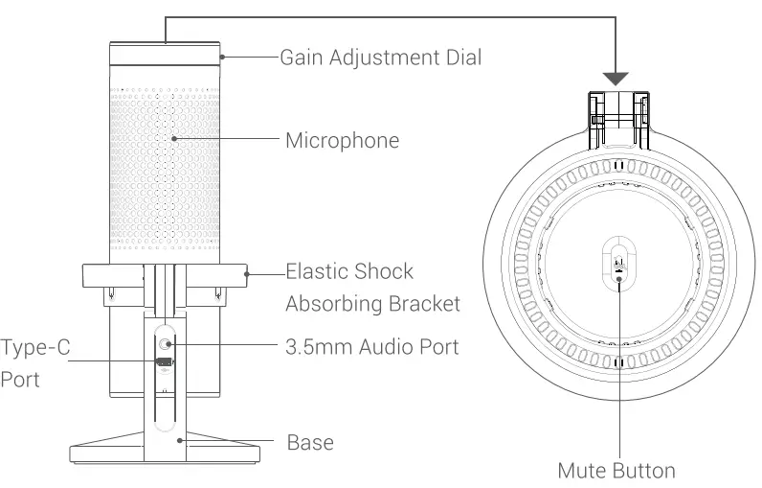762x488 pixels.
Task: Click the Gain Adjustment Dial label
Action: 380,58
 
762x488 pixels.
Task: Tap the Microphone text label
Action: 342,141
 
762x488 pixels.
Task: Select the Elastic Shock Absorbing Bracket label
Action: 373,288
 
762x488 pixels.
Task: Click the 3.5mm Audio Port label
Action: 372,346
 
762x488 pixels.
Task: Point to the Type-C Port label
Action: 34,362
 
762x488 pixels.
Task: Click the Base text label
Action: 310,442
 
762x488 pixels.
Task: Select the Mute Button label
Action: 616,470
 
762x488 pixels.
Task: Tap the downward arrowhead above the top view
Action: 616,78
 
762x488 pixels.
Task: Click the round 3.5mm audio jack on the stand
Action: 167,342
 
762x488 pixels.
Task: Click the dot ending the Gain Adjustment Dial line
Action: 221,58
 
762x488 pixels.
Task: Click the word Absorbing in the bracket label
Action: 337,304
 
